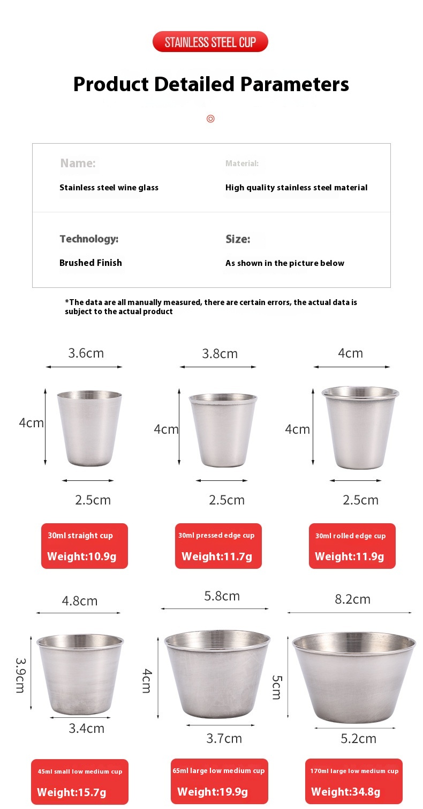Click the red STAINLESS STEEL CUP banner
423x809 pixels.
(x=210, y=42)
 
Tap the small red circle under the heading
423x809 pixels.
(x=210, y=118)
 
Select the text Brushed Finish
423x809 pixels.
(x=90, y=263)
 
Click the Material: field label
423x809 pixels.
(x=241, y=164)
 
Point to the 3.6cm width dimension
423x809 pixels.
(x=86, y=353)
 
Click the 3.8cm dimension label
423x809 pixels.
(x=220, y=354)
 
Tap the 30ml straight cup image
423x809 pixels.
(x=89, y=428)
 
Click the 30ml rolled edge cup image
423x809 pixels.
(x=360, y=427)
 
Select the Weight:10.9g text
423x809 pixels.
(x=81, y=556)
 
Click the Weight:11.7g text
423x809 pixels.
(x=217, y=556)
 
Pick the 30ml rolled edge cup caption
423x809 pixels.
(x=350, y=536)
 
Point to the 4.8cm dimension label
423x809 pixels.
(x=80, y=601)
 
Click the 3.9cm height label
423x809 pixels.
(x=20, y=675)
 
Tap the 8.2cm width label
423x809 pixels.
(x=352, y=599)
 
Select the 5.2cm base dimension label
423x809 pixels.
(x=358, y=739)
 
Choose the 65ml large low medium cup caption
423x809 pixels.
(x=218, y=771)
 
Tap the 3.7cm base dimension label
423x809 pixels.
(x=224, y=739)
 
